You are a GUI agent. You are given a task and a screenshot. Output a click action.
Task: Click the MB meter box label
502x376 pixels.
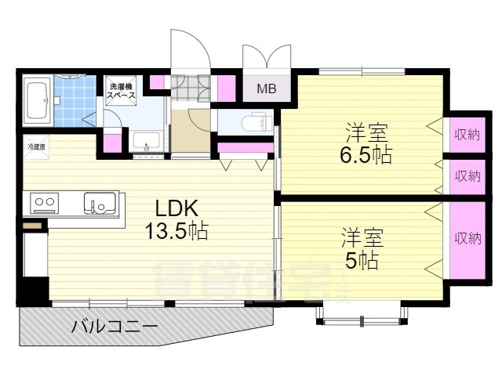tap(267, 89)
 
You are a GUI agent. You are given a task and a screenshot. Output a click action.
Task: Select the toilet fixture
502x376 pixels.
tap(255, 122)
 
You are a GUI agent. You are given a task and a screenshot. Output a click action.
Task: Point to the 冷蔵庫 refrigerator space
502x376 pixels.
tap(36, 147)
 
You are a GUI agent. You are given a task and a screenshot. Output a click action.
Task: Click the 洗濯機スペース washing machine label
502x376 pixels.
tap(122, 91)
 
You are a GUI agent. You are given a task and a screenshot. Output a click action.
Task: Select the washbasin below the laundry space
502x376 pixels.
tap(147, 142)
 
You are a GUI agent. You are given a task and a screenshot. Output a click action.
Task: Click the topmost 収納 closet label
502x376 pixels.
tap(467, 135)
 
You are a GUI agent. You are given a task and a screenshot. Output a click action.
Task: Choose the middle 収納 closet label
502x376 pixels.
tap(467, 175)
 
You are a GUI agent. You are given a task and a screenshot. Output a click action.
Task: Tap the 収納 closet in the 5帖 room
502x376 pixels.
tap(467, 238)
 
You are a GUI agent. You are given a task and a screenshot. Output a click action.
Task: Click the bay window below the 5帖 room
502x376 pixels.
tap(362, 314)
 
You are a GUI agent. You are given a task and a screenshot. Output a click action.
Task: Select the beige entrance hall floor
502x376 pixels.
tap(190, 130)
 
